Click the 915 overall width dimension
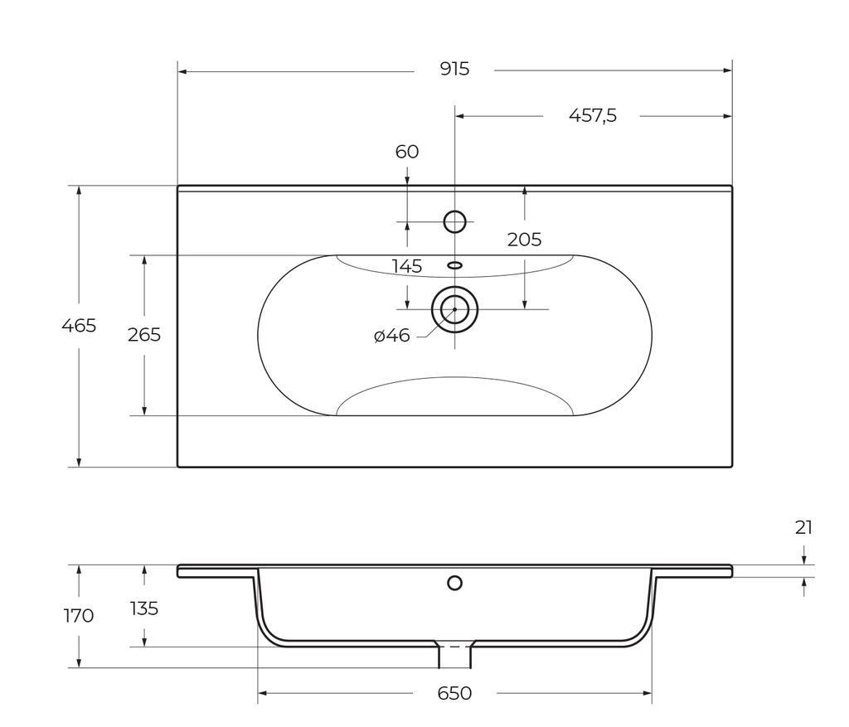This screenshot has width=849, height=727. pyautogui.click(x=454, y=70)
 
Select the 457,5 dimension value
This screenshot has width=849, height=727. pyautogui.click(x=592, y=116)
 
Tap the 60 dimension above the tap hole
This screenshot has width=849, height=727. pyautogui.click(x=407, y=152)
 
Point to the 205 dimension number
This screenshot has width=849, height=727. pyautogui.click(x=524, y=240)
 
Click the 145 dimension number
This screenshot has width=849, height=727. pyautogui.click(x=407, y=266)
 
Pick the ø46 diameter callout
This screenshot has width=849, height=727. pyautogui.click(x=391, y=336)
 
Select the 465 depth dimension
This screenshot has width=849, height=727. pyautogui.click(x=79, y=326)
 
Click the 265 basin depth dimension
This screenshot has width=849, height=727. pyautogui.click(x=143, y=335)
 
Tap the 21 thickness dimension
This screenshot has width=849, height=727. pyautogui.click(x=803, y=527)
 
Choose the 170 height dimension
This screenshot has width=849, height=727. pyautogui.click(x=79, y=616)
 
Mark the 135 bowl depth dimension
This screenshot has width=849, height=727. pyautogui.click(x=143, y=608)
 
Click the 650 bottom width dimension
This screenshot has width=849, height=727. pyautogui.click(x=454, y=693)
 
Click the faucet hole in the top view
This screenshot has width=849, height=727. pyautogui.click(x=454, y=221)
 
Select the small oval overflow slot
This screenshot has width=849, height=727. pyautogui.click(x=454, y=265)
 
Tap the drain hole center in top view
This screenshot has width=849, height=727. pyautogui.click(x=454, y=309)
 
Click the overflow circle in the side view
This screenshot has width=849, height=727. pyautogui.click(x=454, y=583)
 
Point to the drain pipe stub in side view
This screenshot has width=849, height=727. pyautogui.click(x=454, y=657)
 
